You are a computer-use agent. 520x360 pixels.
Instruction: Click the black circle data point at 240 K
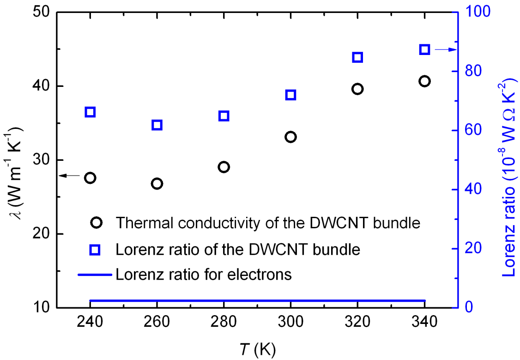click(90, 178)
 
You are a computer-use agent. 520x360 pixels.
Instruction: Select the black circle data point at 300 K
click(290, 137)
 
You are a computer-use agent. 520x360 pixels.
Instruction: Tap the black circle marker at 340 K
click(424, 81)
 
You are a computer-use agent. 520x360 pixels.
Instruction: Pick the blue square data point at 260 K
click(157, 125)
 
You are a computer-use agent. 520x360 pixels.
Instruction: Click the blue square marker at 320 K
click(357, 57)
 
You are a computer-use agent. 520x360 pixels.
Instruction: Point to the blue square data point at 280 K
click(224, 116)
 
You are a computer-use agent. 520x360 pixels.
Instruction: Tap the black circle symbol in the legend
click(96, 223)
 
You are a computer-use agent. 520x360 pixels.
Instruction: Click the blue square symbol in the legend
click(95, 250)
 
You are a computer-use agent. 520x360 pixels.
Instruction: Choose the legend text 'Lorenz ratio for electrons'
click(204, 275)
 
